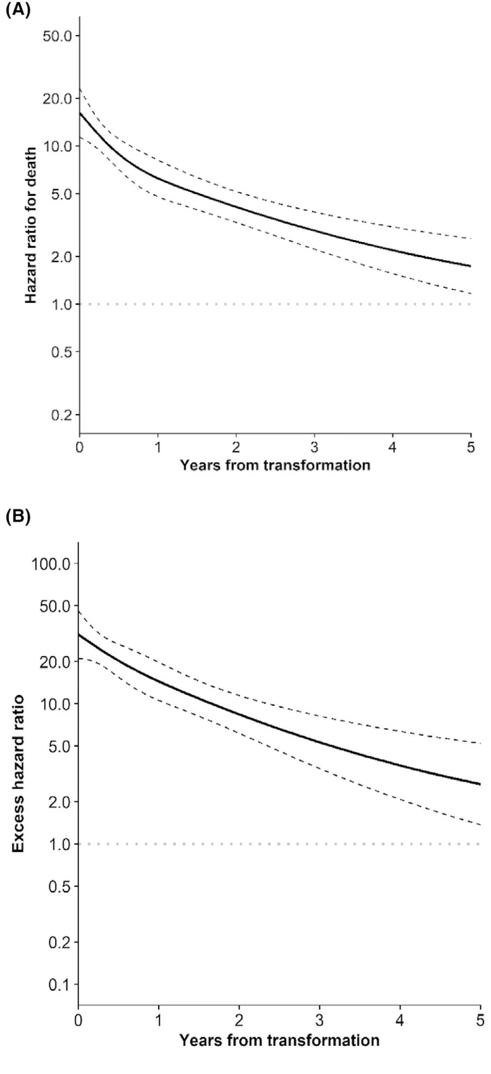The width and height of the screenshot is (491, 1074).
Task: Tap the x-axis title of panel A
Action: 275,465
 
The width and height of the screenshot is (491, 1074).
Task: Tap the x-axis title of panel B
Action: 279,1040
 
